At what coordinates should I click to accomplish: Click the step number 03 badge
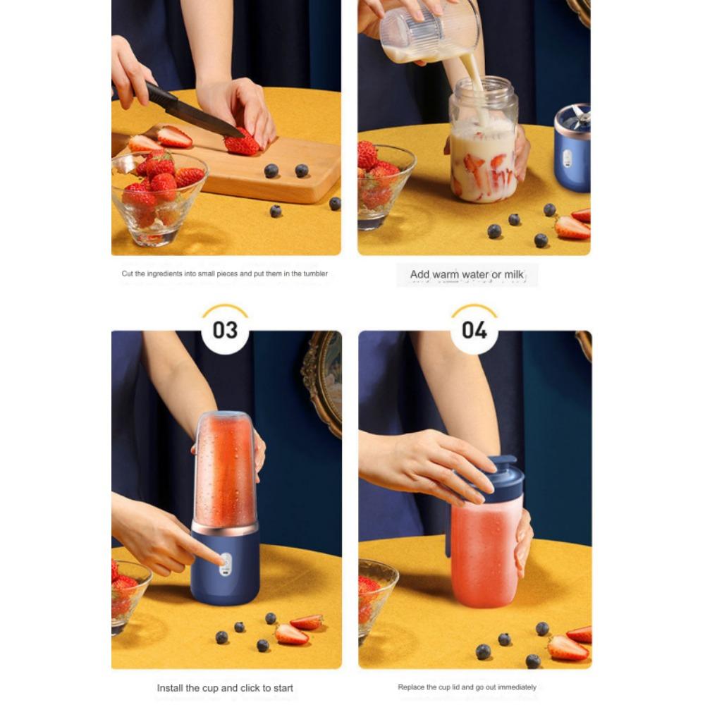pos(225,330)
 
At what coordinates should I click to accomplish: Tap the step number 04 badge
pos(474,330)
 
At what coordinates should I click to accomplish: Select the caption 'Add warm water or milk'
pos(467,274)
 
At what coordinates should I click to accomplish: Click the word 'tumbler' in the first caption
pos(315,274)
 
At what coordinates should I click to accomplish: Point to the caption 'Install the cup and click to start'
pos(225,687)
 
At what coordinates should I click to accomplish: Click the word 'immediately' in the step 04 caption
pos(518,687)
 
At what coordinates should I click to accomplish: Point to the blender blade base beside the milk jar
pos(572,148)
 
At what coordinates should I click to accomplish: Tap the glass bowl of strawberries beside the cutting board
pos(159,197)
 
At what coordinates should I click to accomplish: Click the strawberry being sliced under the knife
pos(242,145)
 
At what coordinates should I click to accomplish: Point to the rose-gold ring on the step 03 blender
pos(225,528)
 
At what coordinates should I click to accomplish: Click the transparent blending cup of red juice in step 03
pos(224,469)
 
